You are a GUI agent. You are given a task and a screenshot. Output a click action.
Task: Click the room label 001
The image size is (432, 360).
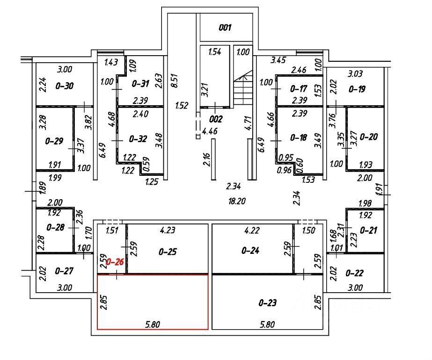tap(226, 28)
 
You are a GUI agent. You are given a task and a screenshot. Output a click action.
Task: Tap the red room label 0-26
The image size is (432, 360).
tap(115, 262)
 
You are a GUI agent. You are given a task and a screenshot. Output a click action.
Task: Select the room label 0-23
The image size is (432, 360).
tap(268, 303)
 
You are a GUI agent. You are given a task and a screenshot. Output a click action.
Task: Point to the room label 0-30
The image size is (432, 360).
tap(65, 86)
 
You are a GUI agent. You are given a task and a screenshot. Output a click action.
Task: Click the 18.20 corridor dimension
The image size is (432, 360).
tap(236, 202)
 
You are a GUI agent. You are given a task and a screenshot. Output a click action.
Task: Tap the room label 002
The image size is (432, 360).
tap(216, 119)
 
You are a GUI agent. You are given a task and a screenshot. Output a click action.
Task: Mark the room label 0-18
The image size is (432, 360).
tap(298, 137)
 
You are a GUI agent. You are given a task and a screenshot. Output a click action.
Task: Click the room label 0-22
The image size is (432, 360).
tap(354, 273)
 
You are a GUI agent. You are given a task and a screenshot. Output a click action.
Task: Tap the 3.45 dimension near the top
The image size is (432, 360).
tap(279, 60)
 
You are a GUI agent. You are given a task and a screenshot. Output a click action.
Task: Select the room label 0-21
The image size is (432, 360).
tap(368, 230)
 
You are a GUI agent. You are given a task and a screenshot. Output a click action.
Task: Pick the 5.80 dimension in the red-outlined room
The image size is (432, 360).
tap(150, 323)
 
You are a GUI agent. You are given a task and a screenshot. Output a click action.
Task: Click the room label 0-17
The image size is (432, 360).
tap(298, 89)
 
